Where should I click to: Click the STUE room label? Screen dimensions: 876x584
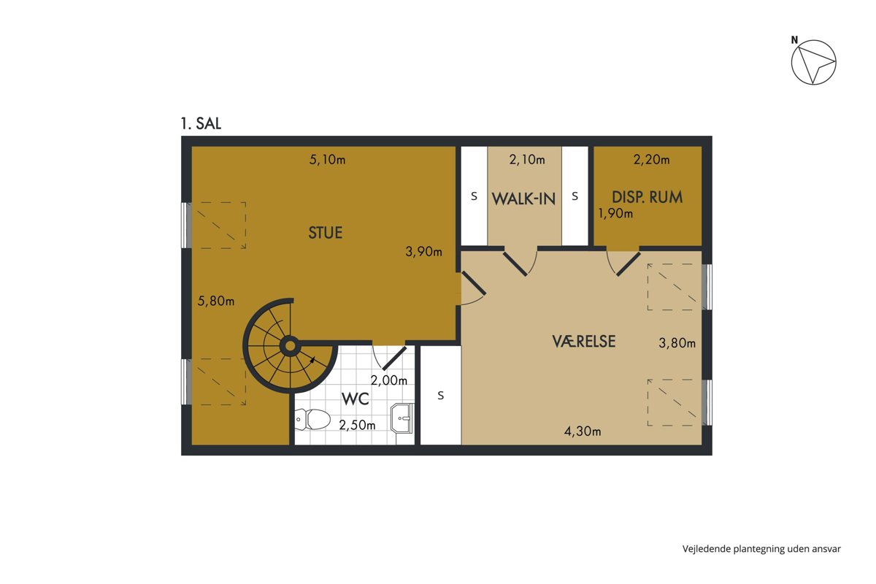pos(326,233)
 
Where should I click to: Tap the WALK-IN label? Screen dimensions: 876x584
pos(523,199)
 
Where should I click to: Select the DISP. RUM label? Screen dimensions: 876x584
pos(648,197)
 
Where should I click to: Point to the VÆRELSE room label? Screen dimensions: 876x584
pos(584,342)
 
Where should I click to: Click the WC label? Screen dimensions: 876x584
pos(355,399)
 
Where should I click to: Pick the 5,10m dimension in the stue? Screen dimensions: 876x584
pos(327,160)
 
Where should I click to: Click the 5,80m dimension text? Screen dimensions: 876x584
pos(216,301)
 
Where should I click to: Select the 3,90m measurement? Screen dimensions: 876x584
pos(423,252)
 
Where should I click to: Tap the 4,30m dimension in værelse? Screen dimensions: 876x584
pos(583,431)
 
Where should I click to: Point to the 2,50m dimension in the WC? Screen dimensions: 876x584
pos(357,425)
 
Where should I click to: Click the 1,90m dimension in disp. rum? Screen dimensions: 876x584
pos(615,213)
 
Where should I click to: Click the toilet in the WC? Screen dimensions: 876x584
pos(312,419)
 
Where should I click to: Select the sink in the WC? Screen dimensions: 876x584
pos(402,418)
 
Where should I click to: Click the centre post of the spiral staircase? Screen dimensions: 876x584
pos(291,346)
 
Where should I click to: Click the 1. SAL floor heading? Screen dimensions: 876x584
pos(201,123)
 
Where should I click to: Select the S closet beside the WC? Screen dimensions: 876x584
pos(441,396)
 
